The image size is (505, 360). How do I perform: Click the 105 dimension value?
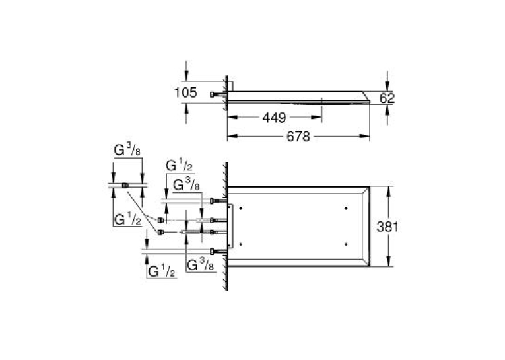[185, 93]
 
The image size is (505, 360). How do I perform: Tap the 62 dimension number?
[387, 98]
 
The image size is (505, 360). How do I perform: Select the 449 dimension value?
[275, 118]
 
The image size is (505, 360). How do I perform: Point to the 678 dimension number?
[298, 137]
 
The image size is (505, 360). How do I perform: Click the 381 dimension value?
[387, 227]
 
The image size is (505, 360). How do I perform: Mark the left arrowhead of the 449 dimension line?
[232, 118]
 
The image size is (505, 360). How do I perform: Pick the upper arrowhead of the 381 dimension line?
[389, 192]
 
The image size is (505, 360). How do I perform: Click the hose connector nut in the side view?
[212, 94]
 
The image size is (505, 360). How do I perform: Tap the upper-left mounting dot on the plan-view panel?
[241, 209]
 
